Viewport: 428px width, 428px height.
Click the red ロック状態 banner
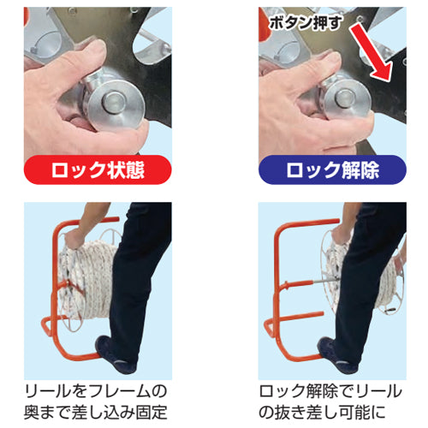click(98, 169)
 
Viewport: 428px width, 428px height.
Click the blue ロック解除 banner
click(332, 169)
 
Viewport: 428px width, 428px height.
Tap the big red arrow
click(371, 52)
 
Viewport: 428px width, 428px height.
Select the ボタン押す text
click(306, 22)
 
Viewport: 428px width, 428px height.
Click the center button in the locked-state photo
click(114, 102)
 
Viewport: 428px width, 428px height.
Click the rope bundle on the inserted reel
click(86, 280)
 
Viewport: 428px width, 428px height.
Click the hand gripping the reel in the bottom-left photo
click(73, 238)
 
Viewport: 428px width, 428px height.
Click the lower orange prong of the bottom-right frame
click(302, 316)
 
